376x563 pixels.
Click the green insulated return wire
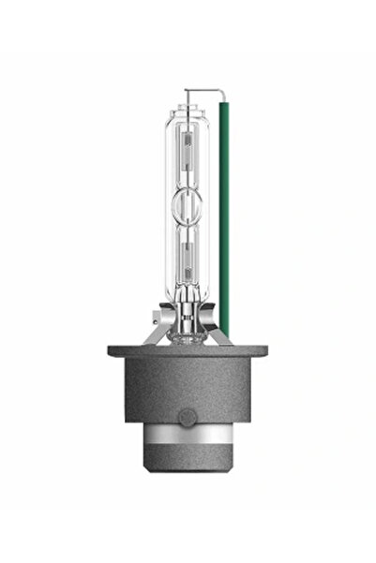coord(224,215)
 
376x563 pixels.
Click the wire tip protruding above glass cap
coord(188,93)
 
